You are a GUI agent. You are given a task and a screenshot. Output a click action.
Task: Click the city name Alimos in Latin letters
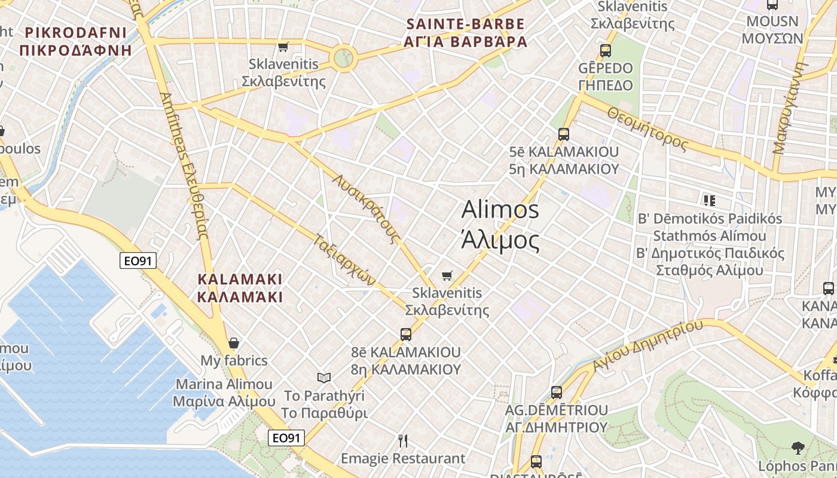(x=500, y=210)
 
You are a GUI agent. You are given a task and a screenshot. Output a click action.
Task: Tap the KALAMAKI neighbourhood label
(x=240, y=279)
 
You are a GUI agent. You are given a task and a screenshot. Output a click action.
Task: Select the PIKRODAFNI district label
(x=75, y=32)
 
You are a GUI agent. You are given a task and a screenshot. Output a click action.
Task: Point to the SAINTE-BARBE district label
(x=465, y=24)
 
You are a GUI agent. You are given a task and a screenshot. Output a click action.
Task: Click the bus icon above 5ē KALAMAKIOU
(x=563, y=134)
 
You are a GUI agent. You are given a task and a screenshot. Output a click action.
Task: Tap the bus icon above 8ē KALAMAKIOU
(x=406, y=334)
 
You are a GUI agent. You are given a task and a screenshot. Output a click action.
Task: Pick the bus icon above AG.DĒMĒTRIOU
(x=557, y=393)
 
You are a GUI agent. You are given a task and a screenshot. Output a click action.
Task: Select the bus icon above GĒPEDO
(x=606, y=51)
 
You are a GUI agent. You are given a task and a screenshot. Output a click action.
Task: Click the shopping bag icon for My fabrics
(x=234, y=343)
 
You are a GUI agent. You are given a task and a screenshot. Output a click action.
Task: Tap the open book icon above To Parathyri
(x=323, y=378)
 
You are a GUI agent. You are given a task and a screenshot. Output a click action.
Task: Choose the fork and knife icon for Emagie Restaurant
(x=403, y=441)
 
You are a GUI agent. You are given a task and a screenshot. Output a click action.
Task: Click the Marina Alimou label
(x=224, y=384)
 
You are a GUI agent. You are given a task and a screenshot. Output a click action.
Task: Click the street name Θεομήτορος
(x=648, y=127)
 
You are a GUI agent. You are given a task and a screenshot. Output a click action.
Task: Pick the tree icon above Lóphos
(x=797, y=448)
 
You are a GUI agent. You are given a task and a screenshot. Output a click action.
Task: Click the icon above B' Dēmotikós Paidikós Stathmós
(x=709, y=200)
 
